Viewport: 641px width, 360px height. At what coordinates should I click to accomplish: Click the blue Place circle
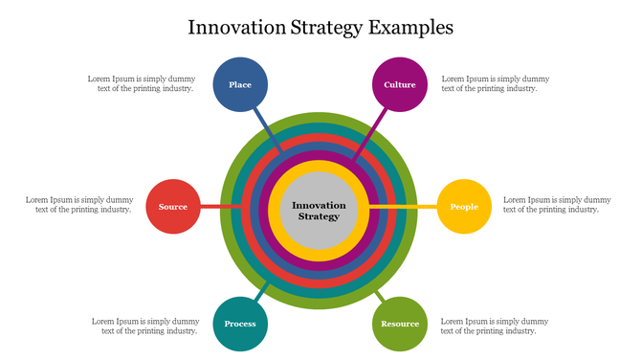(240, 84)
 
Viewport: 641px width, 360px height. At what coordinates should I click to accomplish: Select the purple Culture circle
(399, 84)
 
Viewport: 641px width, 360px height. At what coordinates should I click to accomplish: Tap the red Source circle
(173, 207)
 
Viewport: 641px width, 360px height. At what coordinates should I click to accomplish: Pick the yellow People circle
(464, 207)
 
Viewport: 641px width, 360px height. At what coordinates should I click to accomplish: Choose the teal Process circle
(240, 324)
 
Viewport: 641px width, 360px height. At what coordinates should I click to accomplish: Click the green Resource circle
(399, 324)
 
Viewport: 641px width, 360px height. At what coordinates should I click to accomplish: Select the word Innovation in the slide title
(234, 27)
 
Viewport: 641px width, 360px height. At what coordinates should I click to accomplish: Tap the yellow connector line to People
(407, 207)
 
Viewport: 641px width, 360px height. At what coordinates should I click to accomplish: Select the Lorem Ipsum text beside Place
(141, 83)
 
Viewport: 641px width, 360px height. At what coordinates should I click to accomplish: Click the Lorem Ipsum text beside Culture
(495, 83)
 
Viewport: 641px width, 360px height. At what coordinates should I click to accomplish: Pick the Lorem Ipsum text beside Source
(78, 204)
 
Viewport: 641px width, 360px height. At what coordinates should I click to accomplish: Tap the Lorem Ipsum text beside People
(557, 204)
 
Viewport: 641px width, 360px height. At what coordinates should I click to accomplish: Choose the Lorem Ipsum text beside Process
(144, 326)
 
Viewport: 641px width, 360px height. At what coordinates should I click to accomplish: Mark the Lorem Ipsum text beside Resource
(495, 326)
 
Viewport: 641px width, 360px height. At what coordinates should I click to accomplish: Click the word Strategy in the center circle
(319, 216)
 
